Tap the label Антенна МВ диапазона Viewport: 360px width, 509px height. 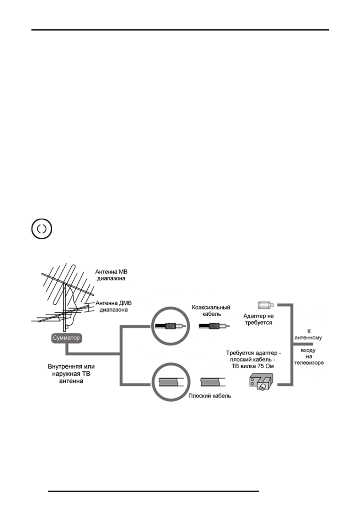tap(111, 275)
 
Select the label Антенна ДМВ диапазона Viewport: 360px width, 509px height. tap(113, 306)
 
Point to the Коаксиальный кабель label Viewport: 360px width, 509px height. tap(211, 310)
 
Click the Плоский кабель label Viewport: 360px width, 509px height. tap(210, 396)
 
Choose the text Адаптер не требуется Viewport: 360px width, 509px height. tap(258, 319)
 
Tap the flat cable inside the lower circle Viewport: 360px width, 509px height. tap(170, 382)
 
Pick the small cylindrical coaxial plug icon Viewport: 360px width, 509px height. tap(266, 305)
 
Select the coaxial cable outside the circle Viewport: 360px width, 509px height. tap(214, 326)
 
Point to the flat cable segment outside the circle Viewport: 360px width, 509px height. tap(213, 382)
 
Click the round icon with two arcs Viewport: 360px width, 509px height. tap(42, 229)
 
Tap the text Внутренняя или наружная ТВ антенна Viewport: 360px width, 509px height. tap(71, 374)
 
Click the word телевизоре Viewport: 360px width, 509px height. tap(309, 363)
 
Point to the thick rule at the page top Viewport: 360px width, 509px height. tap(180, 30)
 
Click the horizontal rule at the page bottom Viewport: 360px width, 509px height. tap(153, 491)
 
